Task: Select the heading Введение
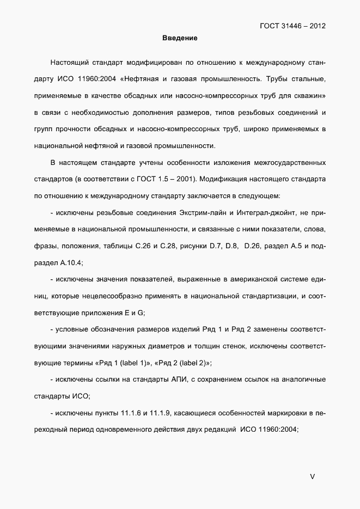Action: [x=180, y=38]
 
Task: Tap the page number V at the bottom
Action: [x=312, y=476]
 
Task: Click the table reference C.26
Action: [x=143, y=247]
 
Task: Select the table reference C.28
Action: [x=169, y=247]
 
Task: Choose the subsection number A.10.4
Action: [x=67, y=262]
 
